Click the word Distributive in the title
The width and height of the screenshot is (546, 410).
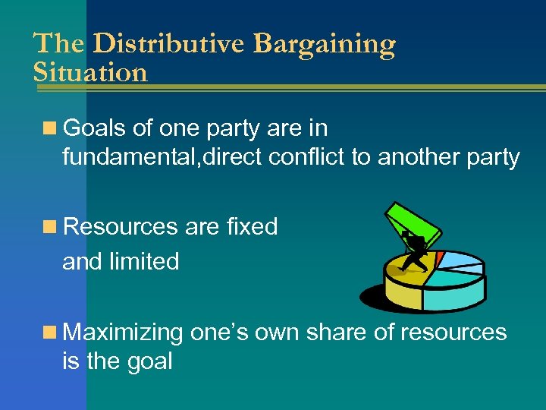(169, 44)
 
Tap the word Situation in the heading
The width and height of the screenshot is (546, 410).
(90, 73)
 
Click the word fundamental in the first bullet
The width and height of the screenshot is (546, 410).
(121, 157)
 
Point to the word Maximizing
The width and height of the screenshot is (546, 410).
(124, 333)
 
